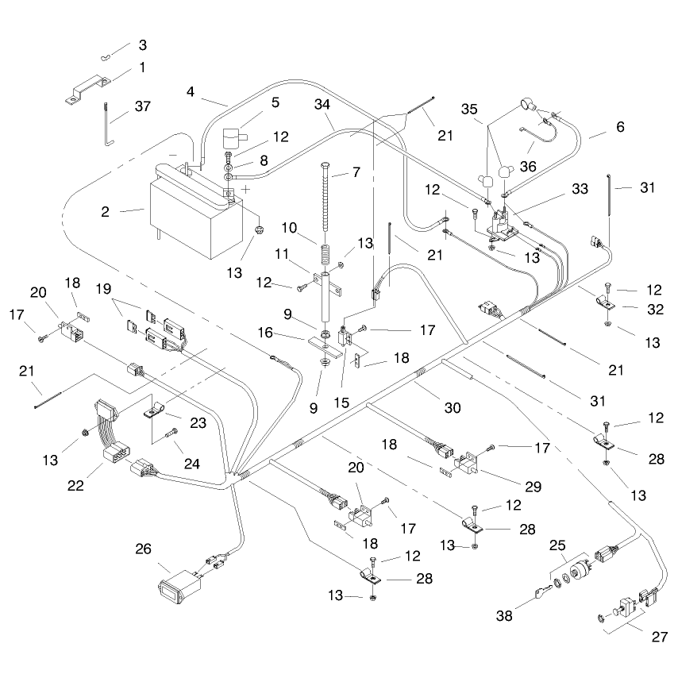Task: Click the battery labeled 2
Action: point(195,212)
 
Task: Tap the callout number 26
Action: point(143,549)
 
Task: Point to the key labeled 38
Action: point(544,592)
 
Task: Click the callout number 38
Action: point(504,614)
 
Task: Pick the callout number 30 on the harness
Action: point(453,407)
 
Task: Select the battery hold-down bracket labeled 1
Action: point(88,90)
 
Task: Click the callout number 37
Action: point(143,106)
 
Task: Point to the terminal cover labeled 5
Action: point(234,138)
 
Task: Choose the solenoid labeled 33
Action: point(503,225)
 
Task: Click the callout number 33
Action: point(580,188)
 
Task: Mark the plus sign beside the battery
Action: point(245,189)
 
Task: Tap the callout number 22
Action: point(75,485)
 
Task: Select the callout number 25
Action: point(557,545)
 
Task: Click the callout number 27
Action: point(659,637)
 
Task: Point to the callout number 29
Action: point(533,487)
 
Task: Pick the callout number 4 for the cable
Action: point(191,91)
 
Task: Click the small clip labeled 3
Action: point(106,57)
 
